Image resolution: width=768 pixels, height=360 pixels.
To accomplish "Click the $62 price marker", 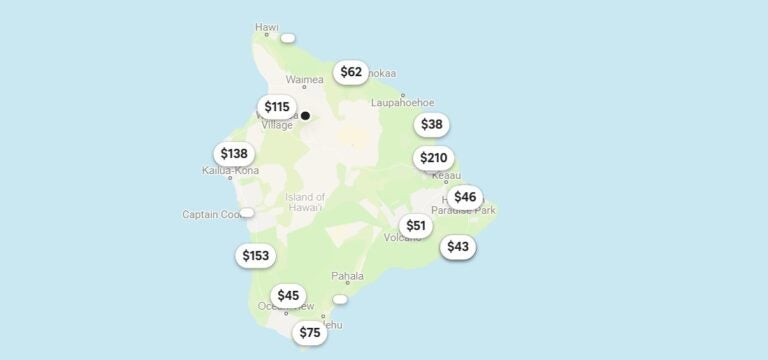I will (x=351, y=72).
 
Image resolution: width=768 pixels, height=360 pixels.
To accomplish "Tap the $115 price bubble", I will (x=277, y=107).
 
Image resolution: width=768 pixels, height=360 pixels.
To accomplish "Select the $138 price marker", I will (x=234, y=154).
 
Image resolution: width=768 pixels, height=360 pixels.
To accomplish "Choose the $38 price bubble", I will (x=431, y=125).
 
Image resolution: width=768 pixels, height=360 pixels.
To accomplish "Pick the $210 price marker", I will (x=434, y=158).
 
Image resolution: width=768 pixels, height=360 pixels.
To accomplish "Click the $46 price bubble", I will (x=465, y=197).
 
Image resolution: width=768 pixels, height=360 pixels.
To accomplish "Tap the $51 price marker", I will (x=416, y=226).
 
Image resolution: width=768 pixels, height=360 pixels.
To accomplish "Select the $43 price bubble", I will (x=458, y=247).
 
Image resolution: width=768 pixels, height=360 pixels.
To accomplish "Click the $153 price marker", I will (x=256, y=256).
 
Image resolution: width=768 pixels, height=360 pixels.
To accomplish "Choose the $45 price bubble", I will (x=288, y=296).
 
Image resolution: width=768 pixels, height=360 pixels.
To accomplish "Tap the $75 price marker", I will (x=310, y=334).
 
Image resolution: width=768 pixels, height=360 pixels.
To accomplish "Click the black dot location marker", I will (x=305, y=116).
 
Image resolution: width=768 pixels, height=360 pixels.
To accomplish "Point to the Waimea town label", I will (x=305, y=79).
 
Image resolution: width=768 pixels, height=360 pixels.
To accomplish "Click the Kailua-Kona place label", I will (x=230, y=171).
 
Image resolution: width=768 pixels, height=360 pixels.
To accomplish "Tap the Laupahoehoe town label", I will (x=403, y=102).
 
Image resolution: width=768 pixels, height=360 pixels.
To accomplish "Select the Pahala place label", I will (x=348, y=275).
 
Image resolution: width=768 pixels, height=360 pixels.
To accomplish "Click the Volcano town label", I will (x=403, y=238).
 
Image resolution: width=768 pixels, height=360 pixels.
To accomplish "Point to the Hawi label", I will (x=267, y=27).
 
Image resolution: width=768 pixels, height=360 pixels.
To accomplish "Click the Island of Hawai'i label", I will (x=304, y=201).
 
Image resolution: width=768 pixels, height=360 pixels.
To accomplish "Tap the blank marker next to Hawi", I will (x=288, y=38).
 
